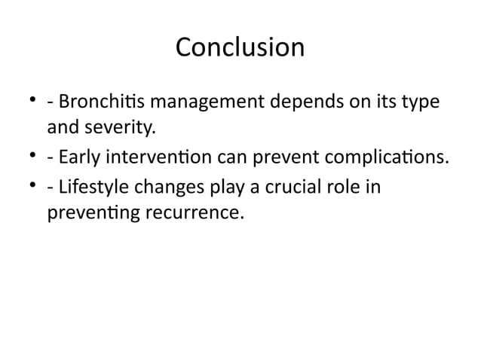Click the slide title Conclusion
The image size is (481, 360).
pyautogui.click(x=240, y=47)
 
